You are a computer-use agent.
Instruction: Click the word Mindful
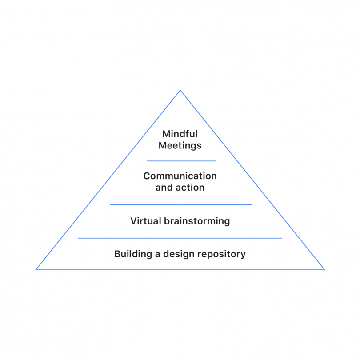pyautogui.click(x=180, y=134)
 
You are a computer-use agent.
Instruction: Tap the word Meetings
pyautogui.click(x=180, y=145)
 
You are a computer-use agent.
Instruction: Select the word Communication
pyautogui.click(x=180, y=176)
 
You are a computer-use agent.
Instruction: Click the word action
pyautogui.click(x=190, y=188)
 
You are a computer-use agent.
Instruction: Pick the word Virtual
pyautogui.click(x=145, y=221)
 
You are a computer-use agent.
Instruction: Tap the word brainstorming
pyautogui.click(x=197, y=221)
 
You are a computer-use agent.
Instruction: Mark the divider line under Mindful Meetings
pyautogui.click(x=181, y=161)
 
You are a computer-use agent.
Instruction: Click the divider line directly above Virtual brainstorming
pyautogui.click(x=181, y=204)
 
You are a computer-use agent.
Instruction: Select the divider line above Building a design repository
pyautogui.click(x=180, y=238)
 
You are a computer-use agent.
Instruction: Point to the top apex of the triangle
pyautogui.click(x=180, y=91)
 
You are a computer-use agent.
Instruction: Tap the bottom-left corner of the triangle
pyautogui.click(x=36, y=269)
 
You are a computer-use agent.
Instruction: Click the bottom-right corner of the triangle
pyautogui.click(x=324, y=269)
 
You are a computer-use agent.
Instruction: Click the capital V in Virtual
pyautogui.click(x=133, y=221)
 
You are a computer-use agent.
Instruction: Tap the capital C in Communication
pyautogui.click(x=147, y=176)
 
